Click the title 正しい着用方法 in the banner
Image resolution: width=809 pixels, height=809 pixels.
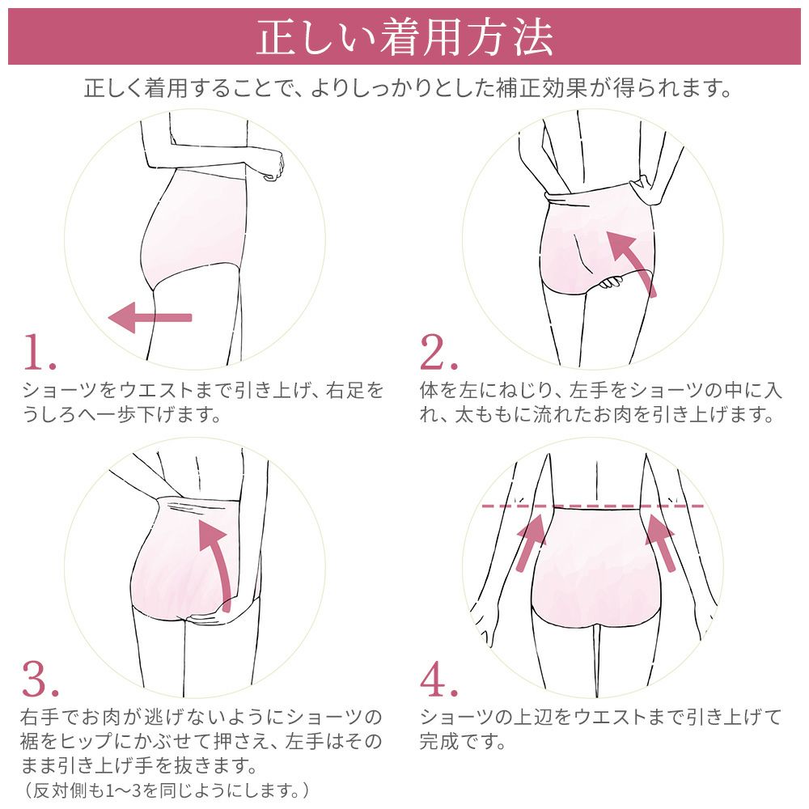click(404, 37)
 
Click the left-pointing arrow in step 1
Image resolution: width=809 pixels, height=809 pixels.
click(150, 318)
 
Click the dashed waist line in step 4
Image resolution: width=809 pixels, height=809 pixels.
click(595, 506)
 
